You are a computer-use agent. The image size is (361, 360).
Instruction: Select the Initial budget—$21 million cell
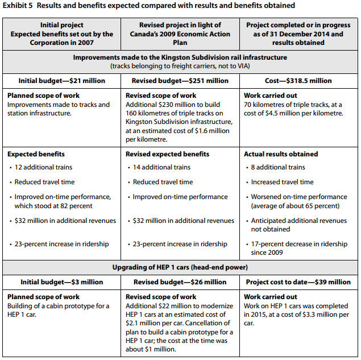click(x=62, y=81)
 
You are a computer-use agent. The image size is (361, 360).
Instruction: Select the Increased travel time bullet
click(x=283, y=182)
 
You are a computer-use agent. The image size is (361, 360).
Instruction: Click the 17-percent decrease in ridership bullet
click(x=299, y=248)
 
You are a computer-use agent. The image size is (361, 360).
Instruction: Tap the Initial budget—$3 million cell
click(x=62, y=282)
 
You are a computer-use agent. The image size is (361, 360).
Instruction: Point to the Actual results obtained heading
click(x=281, y=154)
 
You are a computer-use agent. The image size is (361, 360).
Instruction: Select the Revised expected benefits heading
click(x=167, y=154)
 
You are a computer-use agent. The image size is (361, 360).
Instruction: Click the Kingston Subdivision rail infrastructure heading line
click(x=180, y=57)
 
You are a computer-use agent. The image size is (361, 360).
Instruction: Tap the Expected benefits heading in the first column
click(x=36, y=154)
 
